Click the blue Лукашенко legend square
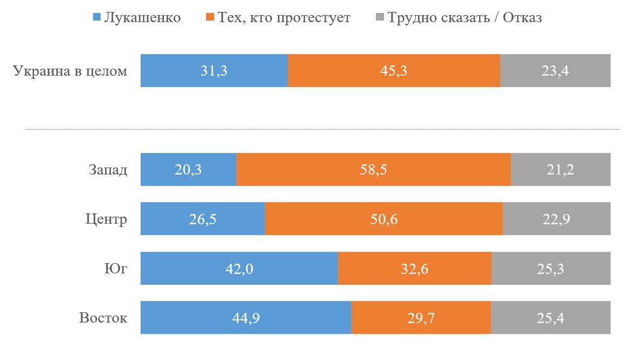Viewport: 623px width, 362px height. (x=97, y=18)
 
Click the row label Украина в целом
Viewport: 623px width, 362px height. (x=70, y=71)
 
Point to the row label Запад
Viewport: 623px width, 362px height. (x=108, y=170)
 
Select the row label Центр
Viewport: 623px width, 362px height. (x=107, y=219)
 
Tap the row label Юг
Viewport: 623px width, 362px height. (x=117, y=268)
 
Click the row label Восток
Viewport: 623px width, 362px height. (x=103, y=317)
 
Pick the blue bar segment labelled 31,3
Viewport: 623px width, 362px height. (x=214, y=71)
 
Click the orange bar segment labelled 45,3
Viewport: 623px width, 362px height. (x=394, y=71)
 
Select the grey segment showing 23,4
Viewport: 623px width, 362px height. (x=555, y=71)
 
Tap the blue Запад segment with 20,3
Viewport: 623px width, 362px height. (x=188, y=170)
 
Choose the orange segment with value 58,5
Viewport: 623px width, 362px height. (x=374, y=170)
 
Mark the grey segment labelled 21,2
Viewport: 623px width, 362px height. (x=561, y=170)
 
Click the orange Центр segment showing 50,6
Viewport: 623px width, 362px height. (x=384, y=219)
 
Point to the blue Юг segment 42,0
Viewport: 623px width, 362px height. (x=239, y=268)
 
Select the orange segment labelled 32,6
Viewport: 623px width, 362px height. (x=415, y=268)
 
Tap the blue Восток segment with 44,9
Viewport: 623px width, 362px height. (x=246, y=317)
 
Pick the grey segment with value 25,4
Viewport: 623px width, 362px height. (x=551, y=317)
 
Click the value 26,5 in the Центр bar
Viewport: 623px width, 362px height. (x=203, y=219)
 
